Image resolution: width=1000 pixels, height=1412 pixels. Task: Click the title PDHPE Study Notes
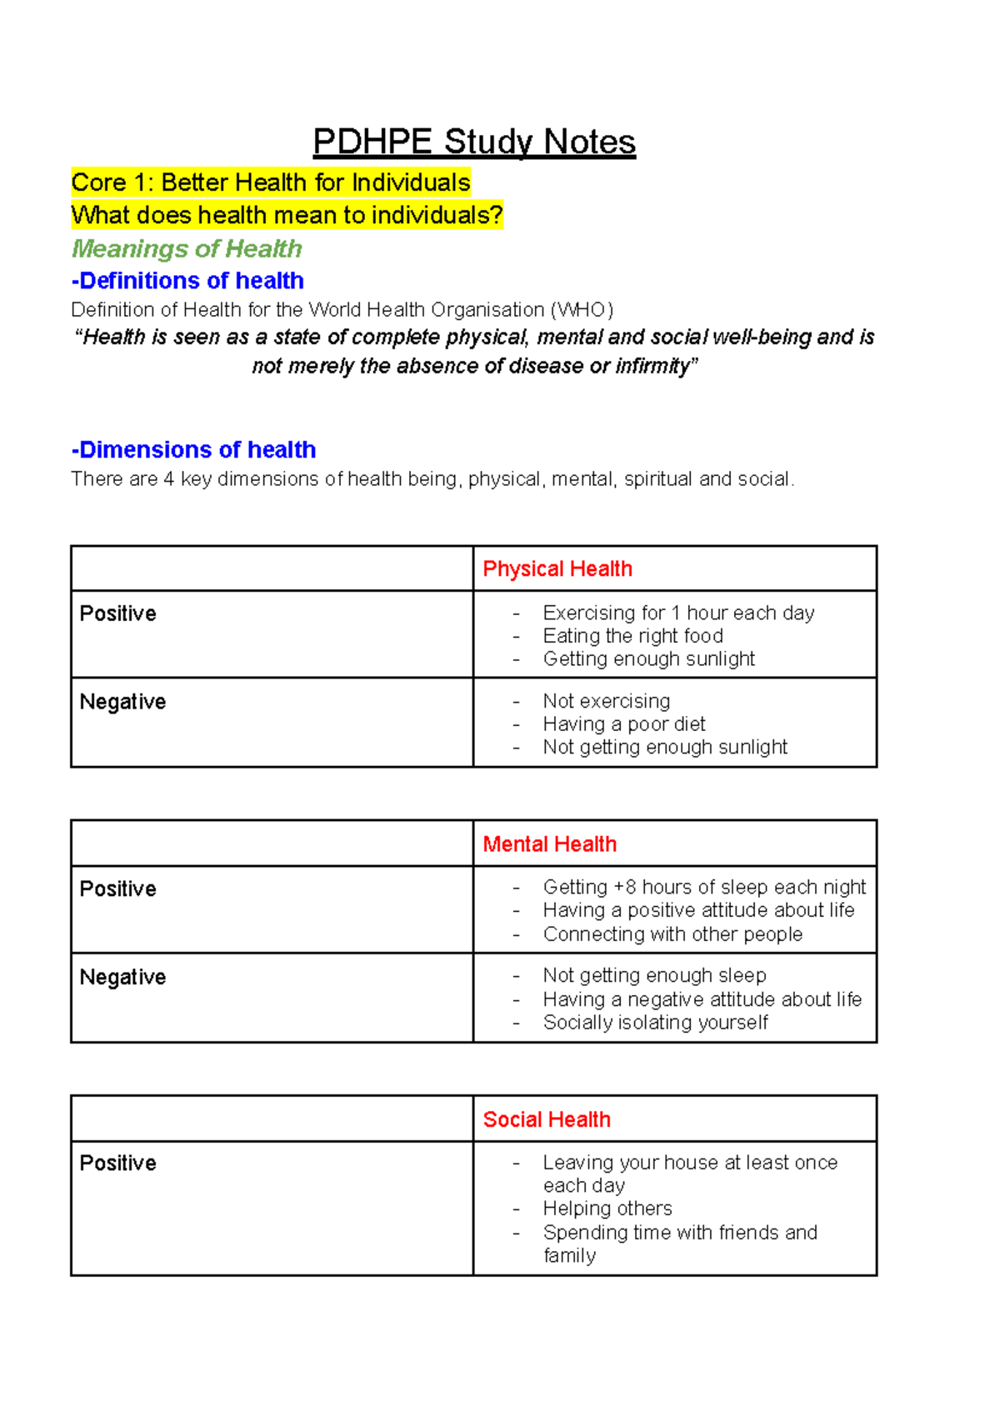click(474, 143)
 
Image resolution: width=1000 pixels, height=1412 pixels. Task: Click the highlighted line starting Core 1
click(271, 183)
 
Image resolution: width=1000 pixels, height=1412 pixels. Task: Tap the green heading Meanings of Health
click(187, 248)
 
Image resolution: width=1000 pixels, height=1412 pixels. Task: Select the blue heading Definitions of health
click(187, 280)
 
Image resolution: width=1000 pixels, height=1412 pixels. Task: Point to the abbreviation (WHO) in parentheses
click(582, 310)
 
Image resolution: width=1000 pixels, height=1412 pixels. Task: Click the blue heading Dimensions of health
click(193, 450)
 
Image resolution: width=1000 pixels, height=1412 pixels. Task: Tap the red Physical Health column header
click(557, 569)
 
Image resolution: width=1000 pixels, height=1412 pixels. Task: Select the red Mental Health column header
click(550, 844)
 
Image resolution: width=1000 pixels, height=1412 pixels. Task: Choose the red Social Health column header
click(547, 1119)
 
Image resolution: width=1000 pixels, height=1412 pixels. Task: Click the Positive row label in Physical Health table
click(118, 614)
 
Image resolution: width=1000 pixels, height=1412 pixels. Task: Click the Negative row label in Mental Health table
click(123, 977)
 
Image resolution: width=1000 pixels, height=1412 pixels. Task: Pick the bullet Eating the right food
click(632, 636)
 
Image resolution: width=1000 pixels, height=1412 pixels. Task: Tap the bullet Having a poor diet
click(624, 724)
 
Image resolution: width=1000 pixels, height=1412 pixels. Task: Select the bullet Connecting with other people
click(672, 934)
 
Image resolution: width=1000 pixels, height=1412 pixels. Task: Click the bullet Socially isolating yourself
click(655, 1023)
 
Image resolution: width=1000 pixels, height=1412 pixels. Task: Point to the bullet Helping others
click(607, 1209)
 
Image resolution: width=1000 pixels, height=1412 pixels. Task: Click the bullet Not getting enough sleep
click(654, 975)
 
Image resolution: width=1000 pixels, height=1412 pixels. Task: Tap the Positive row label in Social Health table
click(118, 1164)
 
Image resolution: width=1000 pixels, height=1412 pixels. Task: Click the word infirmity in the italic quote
click(653, 367)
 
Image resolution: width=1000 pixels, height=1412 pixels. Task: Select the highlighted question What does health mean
click(287, 216)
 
